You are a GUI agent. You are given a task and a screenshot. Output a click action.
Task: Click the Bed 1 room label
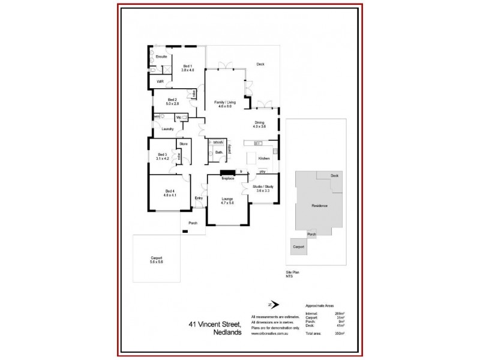[x=187, y=68]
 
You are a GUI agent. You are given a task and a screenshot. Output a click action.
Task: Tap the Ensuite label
[x=161, y=56]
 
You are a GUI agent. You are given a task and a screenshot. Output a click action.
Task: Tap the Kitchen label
[x=263, y=158]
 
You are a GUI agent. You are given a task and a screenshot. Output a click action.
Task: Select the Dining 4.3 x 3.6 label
[x=259, y=125]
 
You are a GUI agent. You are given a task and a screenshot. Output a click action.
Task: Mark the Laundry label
[x=167, y=129]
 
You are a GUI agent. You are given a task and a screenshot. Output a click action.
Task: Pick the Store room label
[x=184, y=144]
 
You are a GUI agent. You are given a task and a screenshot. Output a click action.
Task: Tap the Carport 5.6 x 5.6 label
[x=157, y=260]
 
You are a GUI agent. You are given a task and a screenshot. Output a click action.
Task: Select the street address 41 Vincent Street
[x=215, y=324]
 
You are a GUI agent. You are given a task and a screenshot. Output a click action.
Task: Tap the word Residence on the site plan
[x=319, y=206]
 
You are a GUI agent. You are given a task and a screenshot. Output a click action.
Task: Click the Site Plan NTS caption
[x=292, y=274]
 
